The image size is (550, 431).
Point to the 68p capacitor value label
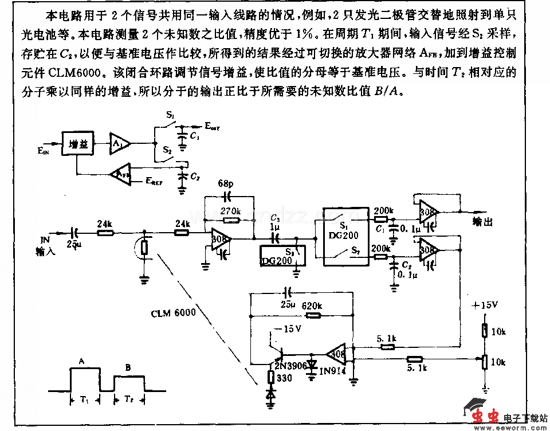pos(225,185)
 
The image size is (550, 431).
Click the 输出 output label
pos(482,222)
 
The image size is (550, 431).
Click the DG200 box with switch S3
pos(284,254)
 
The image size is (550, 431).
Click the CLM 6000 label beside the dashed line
pos(173,314)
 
